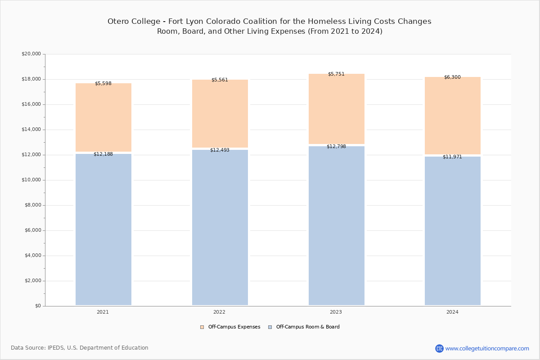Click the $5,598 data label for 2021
tap(103, 84)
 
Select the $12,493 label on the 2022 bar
tap(220, 150)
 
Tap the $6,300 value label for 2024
tap(452, 77)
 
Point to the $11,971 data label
tap(452, 157)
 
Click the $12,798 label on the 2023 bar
tap(336, 147)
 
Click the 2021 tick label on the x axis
tap(103, 312)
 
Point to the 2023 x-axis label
tap(336, 312)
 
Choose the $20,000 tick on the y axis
tap(31, 54)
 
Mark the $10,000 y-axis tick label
tap(31, 180)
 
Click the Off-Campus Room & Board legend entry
tap(307, 327)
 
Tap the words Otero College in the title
tap(133, 22)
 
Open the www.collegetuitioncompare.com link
tap(487, 348)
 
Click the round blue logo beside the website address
tap(439, 348)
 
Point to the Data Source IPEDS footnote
tap(80, 348)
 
